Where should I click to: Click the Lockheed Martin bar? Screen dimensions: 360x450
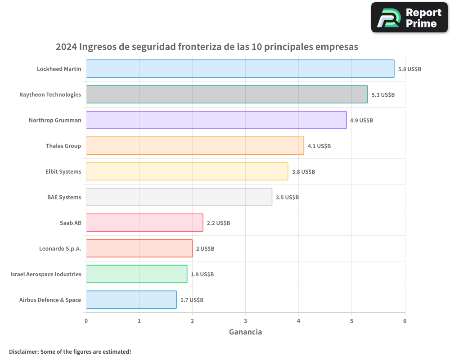[x=240, y=69]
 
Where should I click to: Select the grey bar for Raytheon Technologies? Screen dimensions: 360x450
[x=227, y=94]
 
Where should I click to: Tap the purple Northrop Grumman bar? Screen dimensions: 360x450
[x=216, y=120]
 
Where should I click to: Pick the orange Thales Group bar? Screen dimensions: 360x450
[x=195, y=146]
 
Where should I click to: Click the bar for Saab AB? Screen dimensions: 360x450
[x=144, y=223]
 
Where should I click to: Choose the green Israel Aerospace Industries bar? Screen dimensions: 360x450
[x=136, y=274]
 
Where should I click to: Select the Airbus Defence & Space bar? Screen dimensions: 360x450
[x=131, y=300]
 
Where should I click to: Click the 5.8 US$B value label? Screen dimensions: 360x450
[x=409, y=69]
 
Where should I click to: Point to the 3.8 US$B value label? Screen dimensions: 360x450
[x=303, y=172]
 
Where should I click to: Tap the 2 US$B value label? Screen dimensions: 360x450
[x=205, y=249]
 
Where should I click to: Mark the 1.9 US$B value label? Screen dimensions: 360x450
[x=202, y=274]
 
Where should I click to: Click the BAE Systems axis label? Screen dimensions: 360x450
[x=64, y=197]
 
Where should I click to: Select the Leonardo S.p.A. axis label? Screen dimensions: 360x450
[x=60, y=248]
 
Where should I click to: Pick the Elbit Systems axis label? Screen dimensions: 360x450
[x=63, y=171]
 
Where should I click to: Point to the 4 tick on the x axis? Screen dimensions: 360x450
[x=298, y=321]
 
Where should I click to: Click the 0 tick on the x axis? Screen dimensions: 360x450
[x=86, y=321]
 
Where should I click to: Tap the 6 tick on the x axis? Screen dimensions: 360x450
[x=405, y=321]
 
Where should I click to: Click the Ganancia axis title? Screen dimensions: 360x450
[x=245, y=332]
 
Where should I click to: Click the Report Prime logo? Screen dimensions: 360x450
[x=409, y=18]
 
